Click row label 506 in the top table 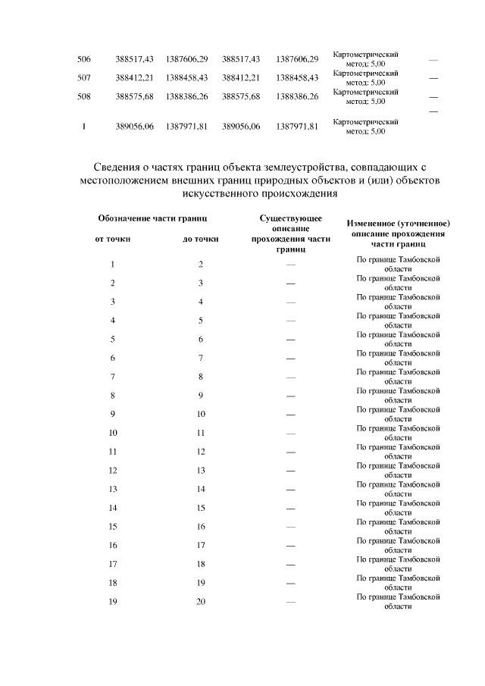click(84, 59)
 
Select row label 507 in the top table click(84, 78)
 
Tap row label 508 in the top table click(84, 97)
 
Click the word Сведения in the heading click(118, 167)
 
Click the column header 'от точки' click(112, 240)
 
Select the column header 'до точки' click(201, 240)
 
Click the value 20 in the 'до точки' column click(201, 602)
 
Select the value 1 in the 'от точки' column click(112, 264)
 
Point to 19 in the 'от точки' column click(112, 602)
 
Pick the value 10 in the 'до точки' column click(201, 414)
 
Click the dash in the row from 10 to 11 click(290, 433)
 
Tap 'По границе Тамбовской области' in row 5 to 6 click(399, 339)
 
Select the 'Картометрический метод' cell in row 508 click(366, 96)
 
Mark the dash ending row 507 click(433, 78)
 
